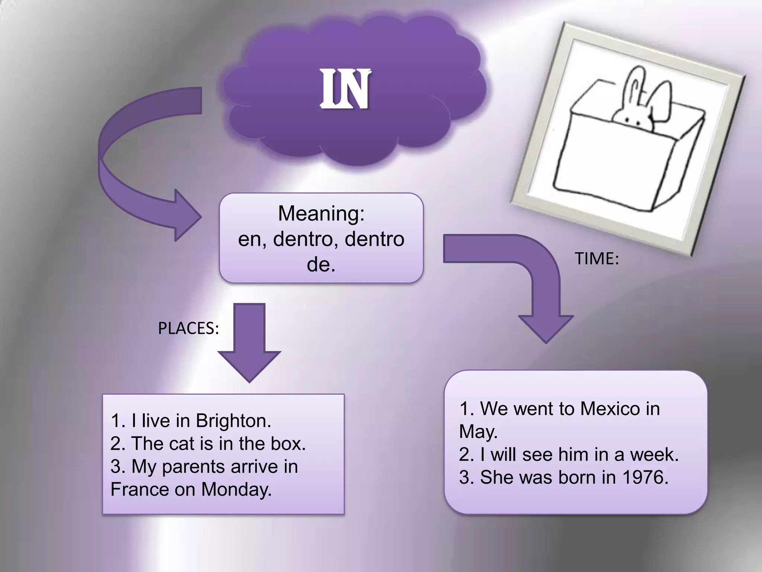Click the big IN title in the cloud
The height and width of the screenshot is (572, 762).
click(345, 89)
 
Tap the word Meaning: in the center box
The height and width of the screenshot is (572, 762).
click(321, 214)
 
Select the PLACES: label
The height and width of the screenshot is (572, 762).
click(188, 328)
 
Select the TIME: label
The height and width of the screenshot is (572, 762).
click(596, 258)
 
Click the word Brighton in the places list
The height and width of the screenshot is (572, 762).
click(233, 421)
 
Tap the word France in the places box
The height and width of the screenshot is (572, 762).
click(140, 489)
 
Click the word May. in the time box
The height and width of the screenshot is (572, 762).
click(478, 432)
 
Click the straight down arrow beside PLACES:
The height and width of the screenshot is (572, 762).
click(249, 343)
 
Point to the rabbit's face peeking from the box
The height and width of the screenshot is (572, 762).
click(633, 118)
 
